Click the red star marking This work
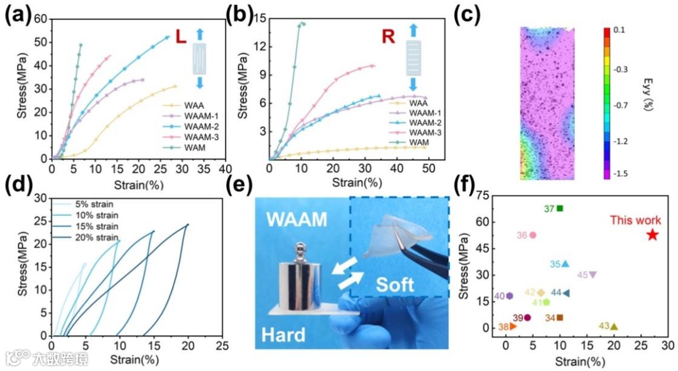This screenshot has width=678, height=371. point(652,234)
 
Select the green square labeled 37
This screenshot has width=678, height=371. point(560,208)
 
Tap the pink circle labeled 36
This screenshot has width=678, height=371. point(532,235)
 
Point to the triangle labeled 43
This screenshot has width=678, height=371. point(614,326)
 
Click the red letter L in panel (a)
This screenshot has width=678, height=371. point(181,37)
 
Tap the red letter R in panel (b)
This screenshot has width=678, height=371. point(389,36)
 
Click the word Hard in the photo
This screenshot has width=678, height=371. point(284,333)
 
